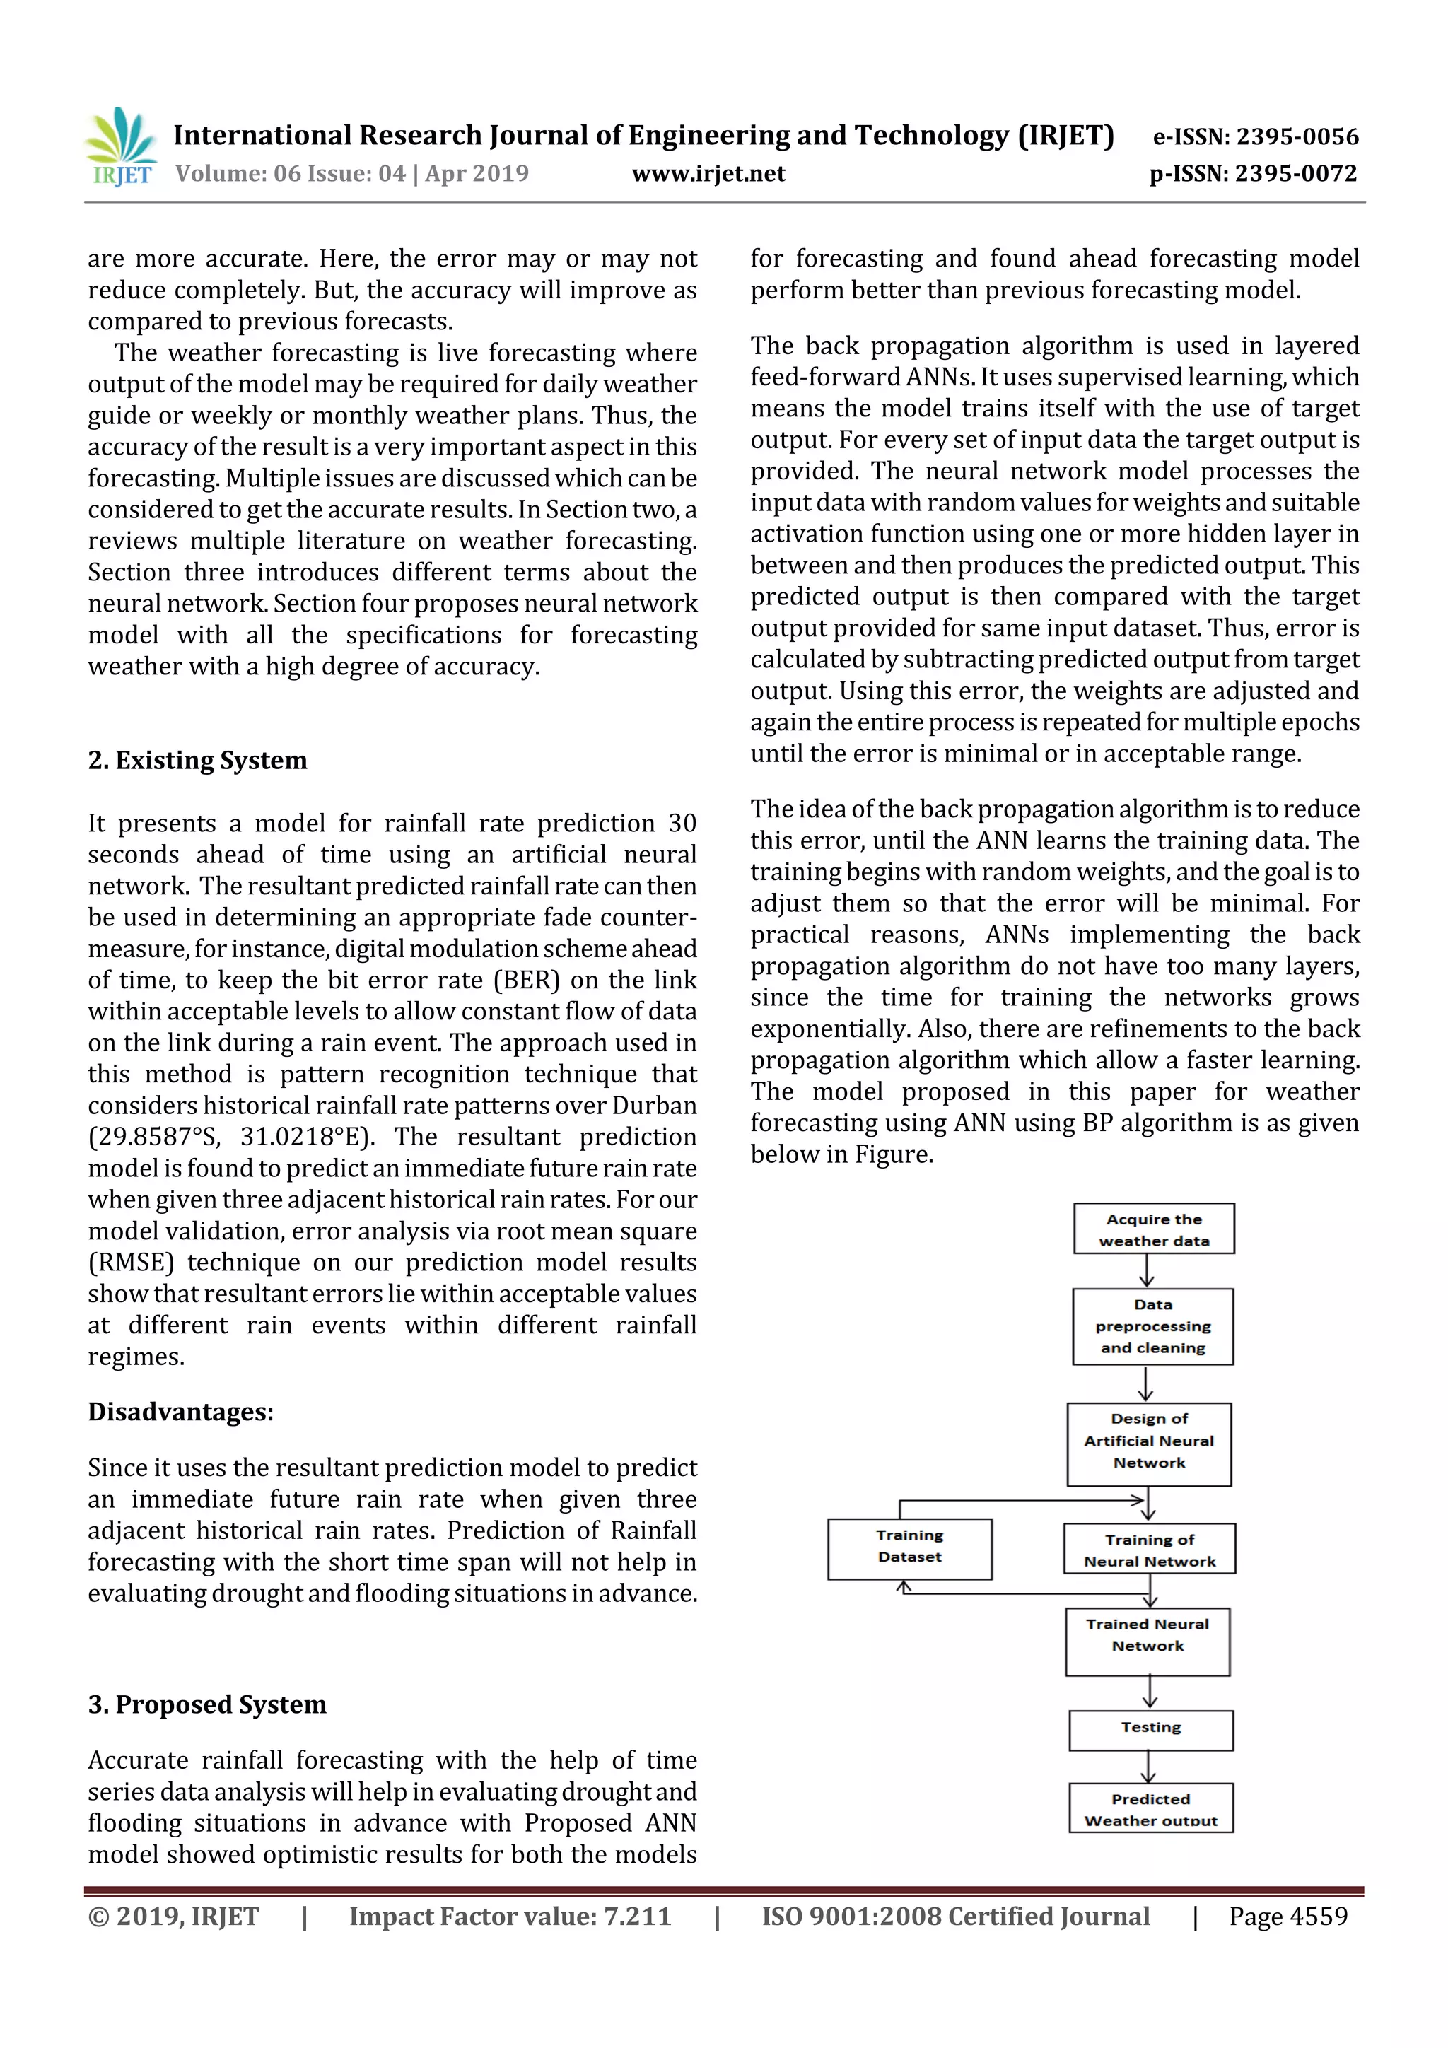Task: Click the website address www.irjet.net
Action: click(708, 174)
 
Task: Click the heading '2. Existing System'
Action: click(197, 760)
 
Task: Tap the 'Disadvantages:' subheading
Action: click(180, 1412)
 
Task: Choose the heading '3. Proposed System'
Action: click(207, 1704)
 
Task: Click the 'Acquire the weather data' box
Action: click(1154, 1229)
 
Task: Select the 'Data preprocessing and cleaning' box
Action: click(1152, 1326)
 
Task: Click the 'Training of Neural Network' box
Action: click(1149, 1550)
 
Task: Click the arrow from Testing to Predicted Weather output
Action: click(1149, 1766)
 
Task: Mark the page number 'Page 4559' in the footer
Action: click(1288, 1916)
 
